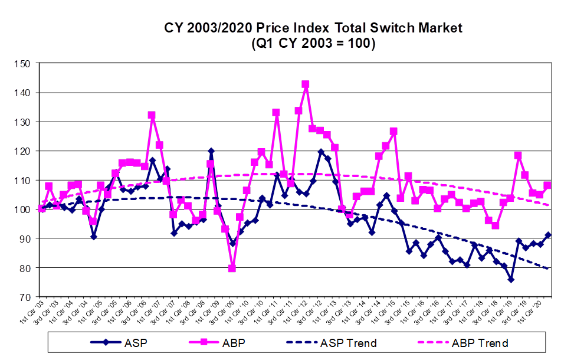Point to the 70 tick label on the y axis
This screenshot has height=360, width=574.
coord(24,297)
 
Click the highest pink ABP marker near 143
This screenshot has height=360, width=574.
coord(306,84)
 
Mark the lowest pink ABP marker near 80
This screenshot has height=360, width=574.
coord(232,269)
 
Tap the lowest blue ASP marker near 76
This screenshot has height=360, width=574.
coord(511,279)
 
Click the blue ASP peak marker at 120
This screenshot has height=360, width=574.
coord(211,151)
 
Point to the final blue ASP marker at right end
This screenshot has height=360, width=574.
coord(547,235)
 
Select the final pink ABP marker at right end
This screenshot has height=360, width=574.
coord(547,185)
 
